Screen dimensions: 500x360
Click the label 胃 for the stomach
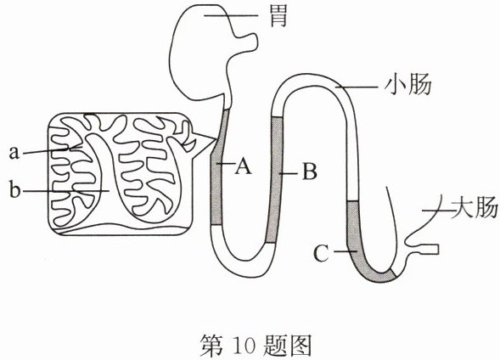click(x=278, y=17)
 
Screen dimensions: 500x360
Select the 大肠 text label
click(x=475, y=209)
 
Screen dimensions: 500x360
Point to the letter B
click(x=309, y=172)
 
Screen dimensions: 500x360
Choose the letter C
click(x=321, y=254)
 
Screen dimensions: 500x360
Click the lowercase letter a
click(x=14, y=153)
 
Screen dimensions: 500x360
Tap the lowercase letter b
click(x=14, y=189)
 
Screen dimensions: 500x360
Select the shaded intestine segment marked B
click(x=275, y=179)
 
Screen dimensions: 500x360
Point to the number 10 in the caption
click(x=245, y=346)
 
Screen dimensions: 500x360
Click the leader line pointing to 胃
click(x=231, y=15)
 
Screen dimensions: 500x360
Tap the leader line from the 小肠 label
click(x=358, y=87)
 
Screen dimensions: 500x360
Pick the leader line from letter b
click(x=66, y=191)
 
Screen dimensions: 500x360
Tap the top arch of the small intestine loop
click(x=313, y=78)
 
